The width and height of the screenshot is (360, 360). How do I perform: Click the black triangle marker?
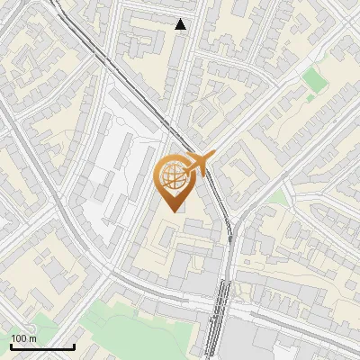coord(181,24)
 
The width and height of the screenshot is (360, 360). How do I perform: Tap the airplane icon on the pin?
coord(200,163)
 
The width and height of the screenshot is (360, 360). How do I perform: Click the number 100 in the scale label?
coord(18,338)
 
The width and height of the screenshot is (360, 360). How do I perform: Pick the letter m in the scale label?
coord(32,338)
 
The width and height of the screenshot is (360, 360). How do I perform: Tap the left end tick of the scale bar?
coord(11,346)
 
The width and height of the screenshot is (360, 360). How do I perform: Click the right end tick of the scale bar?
coord(74,346)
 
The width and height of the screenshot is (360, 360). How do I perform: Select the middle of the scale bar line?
coord(42,347)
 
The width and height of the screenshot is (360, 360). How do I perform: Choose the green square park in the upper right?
coord(315,80)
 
